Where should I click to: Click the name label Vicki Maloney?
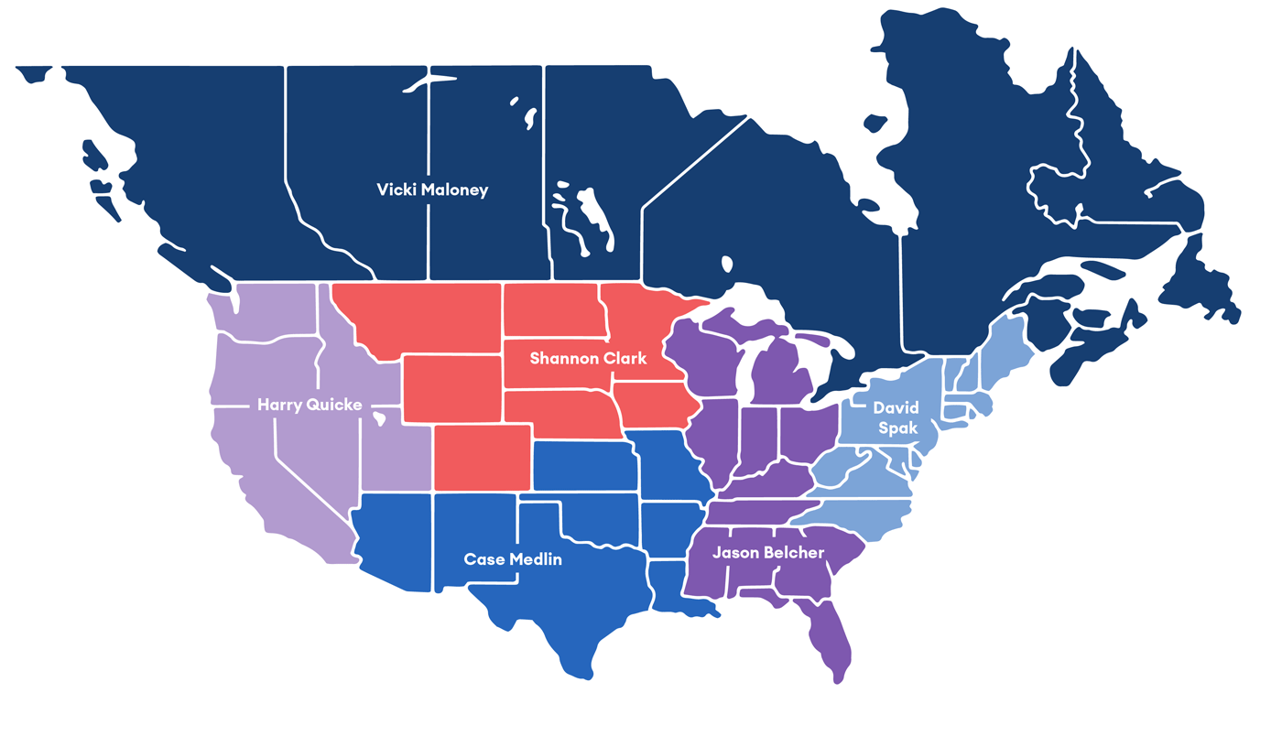pos(432,190)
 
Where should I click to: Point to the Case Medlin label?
pos(513,558)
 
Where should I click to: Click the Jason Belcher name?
pos(768,553)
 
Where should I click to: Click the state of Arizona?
pos(394,540)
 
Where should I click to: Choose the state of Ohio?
pos(806,435)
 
